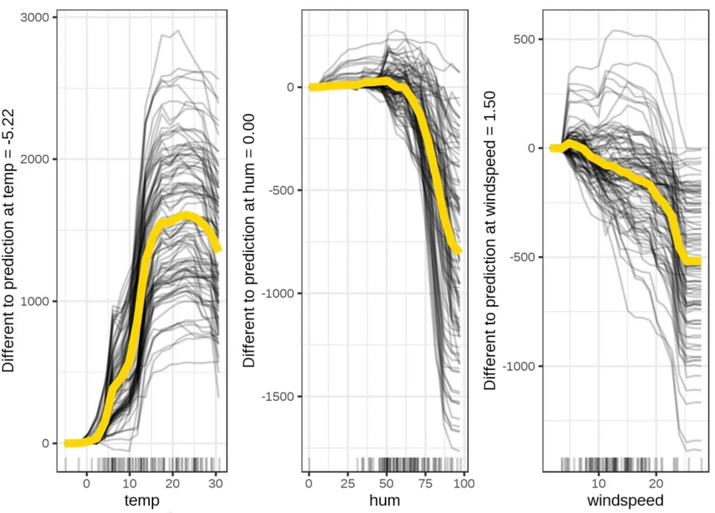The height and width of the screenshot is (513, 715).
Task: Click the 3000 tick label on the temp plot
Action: pos(35,17)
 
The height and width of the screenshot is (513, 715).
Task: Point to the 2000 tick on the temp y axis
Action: pos(35,159)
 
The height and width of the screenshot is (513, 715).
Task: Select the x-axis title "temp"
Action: pos(142,500)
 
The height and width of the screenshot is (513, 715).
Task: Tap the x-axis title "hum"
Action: pos(385,500)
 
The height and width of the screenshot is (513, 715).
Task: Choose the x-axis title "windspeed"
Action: pos(625,500)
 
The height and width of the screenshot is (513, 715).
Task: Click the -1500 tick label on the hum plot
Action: pos(278,396)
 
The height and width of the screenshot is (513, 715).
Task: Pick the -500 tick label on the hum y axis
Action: pos(281,190)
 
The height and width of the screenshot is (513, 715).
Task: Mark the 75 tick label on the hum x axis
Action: pos(426,484)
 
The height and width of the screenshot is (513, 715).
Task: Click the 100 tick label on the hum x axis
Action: pos(464,484)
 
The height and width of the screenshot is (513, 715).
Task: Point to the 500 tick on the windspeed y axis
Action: pos(524,39)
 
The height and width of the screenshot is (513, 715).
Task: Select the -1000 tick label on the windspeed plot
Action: pos(519,366)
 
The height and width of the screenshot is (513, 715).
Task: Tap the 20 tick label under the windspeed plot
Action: pos(655,484)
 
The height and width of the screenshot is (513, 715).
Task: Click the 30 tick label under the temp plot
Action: pos(216,484)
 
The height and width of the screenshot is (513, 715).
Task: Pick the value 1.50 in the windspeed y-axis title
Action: pos(490,105)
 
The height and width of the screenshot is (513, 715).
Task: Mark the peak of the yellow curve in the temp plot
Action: pos(186,216)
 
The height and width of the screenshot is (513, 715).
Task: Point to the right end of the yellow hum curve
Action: pos(458,251)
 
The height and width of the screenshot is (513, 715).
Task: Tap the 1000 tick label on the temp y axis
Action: pos(35,301)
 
